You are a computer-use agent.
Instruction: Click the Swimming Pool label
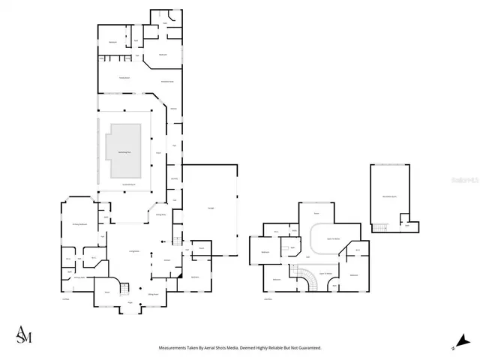tap(124, 151)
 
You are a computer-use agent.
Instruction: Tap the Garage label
tap(209, 207)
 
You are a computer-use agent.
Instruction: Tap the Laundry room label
tap(174, 178)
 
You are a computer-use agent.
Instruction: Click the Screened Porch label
tap(128, 184)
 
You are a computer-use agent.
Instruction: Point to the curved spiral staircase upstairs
tap(307, 280)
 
